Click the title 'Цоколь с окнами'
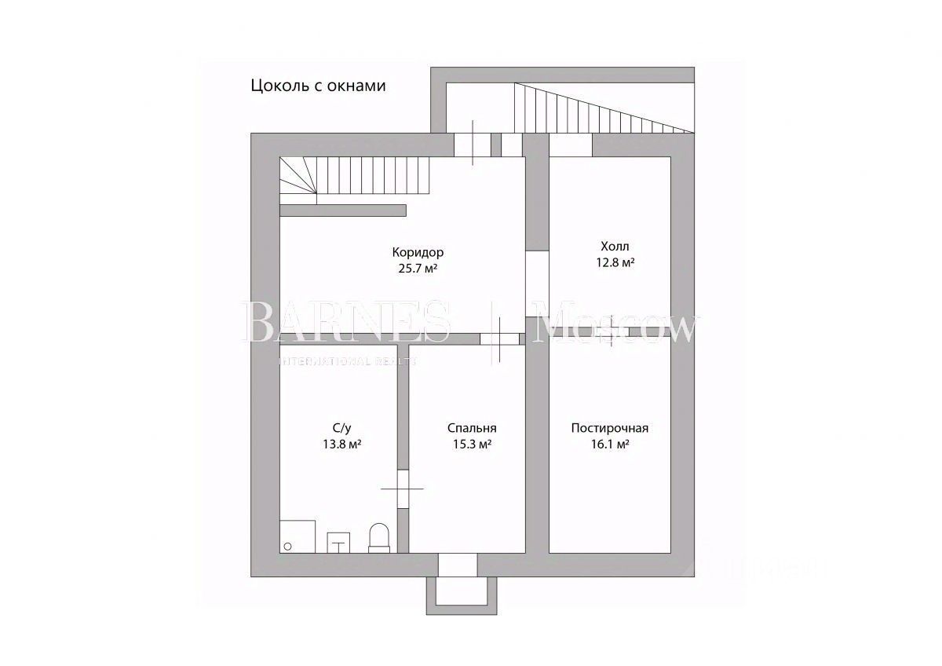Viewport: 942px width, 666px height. point(318,86)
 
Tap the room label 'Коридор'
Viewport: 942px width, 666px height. point(418,252)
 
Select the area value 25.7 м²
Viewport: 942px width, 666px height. point(418,268)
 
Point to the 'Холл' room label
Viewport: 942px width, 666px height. point(615,247)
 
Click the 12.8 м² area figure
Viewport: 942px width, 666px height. point(615,263)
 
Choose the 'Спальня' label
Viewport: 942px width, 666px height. point(472,428)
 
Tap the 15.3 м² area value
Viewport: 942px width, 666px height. point(471,445)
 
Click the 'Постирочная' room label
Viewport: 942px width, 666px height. point(609,428)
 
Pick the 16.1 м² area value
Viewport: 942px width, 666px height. point(609,445)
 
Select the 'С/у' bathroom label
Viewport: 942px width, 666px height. point(341,428)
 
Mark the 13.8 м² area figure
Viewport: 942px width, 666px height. point(341,445)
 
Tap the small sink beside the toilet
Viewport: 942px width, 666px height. point(339,542)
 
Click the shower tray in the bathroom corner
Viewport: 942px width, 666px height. point(298,536)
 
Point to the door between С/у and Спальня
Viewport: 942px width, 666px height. point(403,489)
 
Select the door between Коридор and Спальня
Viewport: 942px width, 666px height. point(499,339)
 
